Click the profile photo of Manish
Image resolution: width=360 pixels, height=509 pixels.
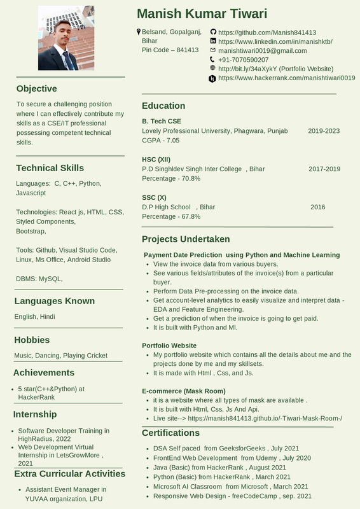(66, 38)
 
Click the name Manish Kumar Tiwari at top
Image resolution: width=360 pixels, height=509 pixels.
(202, 14)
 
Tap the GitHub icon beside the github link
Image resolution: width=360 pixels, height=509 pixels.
(213, 32)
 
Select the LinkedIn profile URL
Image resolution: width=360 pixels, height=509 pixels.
(275, 41)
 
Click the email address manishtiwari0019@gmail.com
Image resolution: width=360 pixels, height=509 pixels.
(262, 50)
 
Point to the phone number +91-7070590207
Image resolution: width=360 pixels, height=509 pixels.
(243, 59)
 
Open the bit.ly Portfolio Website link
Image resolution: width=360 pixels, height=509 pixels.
(275, 68)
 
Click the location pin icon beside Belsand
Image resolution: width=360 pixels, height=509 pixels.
(139, 32)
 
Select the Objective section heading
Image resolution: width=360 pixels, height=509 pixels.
(36, 88)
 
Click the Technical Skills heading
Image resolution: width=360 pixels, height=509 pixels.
(50, 168)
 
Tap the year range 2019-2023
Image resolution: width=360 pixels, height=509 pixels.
(324, 130)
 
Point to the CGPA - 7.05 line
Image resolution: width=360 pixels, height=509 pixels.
(160, 140)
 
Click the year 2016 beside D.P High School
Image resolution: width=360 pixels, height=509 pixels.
(317, 207)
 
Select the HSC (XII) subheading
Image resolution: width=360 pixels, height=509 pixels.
(156, 159)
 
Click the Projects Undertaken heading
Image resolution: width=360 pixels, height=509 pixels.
(186, 239)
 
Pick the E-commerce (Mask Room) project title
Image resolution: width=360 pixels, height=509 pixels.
(183, 391)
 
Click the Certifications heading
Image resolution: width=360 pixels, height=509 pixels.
(170, 433)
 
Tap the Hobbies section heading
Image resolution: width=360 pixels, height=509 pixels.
(32, 340)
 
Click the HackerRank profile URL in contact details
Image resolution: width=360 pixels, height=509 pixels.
(286, 78)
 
